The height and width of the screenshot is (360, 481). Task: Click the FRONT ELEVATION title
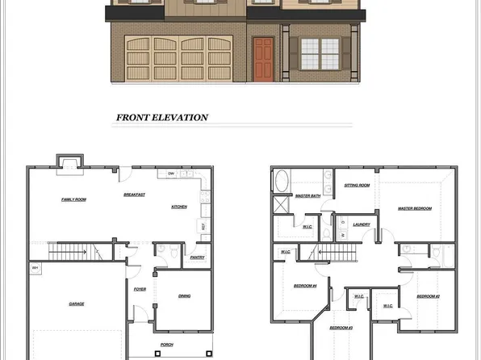coord(162,118)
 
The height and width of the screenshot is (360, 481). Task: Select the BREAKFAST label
coord(134,195)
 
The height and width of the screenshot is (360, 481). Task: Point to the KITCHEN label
coord(179,207)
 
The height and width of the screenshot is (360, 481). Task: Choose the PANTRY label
coord(197,257)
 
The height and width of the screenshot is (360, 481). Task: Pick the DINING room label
coord(184,296)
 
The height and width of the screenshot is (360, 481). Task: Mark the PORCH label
coord(167,345)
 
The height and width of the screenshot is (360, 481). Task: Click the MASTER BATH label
coord(307,196)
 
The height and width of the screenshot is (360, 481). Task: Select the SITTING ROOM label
coord(358,186)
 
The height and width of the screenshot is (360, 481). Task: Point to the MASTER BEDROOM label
coord(414,208)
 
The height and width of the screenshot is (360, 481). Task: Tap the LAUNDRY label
coord(362,225)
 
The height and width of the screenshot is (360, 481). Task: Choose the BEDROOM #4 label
coord(305,287)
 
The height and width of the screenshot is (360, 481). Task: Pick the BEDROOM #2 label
coord(428,297)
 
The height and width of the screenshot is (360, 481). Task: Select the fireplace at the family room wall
coord(69,164)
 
